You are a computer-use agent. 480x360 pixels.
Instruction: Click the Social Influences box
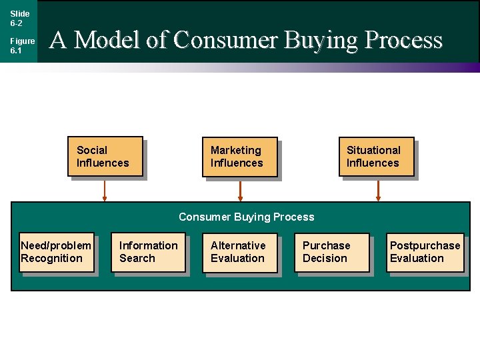(x=105, y=157)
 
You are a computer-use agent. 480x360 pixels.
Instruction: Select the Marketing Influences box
(x=239, y=157)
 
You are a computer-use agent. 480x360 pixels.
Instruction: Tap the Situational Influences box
(x=376, y=157)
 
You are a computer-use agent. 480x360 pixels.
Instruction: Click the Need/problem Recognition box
(x=57, y=253)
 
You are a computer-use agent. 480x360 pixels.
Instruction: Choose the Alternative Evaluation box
(x=240, y=253)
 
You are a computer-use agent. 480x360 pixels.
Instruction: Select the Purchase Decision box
(x=331, y=253)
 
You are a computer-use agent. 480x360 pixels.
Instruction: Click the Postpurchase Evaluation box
(x=424, y=253)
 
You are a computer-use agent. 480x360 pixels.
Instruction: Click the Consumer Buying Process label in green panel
(x=246, y=217)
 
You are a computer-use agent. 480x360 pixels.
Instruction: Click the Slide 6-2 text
(x=19, y=18)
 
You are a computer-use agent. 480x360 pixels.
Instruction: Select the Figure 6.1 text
(x=21, y=45)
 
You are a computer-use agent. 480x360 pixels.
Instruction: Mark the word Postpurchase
(x=425, y=245)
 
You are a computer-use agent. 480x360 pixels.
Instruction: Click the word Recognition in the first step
(x=51, y=259)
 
